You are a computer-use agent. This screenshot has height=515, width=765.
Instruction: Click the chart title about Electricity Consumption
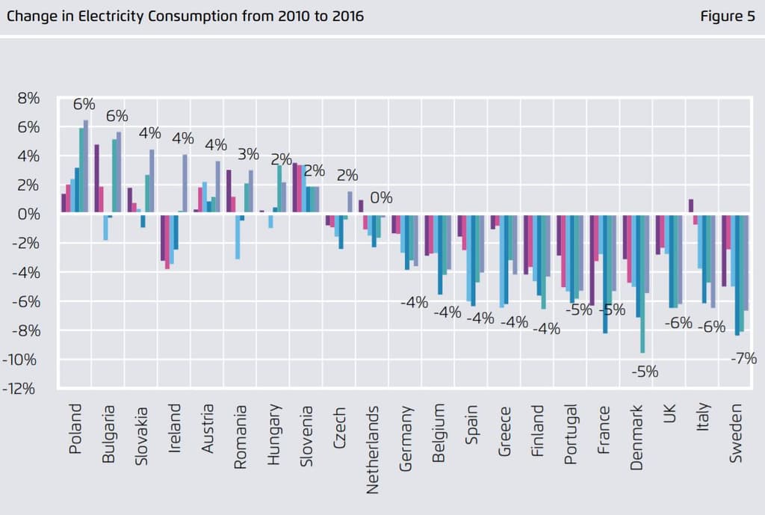[x=185, y=16]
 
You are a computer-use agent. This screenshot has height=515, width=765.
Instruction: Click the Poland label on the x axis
[x=75, y=431]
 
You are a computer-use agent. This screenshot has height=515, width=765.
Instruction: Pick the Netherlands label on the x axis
[x=373, y=449]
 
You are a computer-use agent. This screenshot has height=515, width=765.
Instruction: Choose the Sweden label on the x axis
[x=737, y=433]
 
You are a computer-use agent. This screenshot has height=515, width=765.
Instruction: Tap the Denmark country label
[x=637, y=438]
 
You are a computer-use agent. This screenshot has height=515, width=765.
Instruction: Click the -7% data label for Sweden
[x=743, y=359]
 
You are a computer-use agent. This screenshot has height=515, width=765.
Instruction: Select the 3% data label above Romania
[x=248, y=155]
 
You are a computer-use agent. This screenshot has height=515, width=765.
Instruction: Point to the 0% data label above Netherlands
[x=381, y=198]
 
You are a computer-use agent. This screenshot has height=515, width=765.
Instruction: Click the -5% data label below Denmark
[x=645, y=371]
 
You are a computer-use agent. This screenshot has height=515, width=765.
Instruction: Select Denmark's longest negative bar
[x=642, y=283]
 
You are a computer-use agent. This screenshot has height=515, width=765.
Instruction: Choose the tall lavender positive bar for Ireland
[x=185, y=185]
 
